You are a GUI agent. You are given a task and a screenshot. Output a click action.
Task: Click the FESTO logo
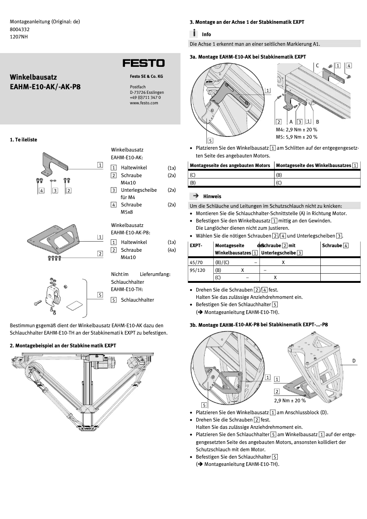[x=143, y=63]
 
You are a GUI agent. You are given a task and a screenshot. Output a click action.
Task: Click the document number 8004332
[x=20, y=29]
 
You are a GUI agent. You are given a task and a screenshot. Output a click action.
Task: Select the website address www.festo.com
[x=144, y=103]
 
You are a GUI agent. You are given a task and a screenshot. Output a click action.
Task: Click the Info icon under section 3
[x=194, y=34]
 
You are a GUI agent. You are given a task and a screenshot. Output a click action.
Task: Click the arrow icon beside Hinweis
[x=195, y=196]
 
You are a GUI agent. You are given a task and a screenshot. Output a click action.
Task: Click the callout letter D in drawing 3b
[x=354, y=361]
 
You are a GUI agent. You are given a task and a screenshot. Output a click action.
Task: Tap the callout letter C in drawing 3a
[x=317, y=65]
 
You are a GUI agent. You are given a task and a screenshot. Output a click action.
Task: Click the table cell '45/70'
[x=197, y=263]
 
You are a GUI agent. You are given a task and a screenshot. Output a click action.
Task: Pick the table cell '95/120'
[x=198, y=270]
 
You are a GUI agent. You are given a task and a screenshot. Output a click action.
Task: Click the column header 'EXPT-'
[x=196, y=246]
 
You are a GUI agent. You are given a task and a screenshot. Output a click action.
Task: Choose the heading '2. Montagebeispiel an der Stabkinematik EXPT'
[x=63, y=346]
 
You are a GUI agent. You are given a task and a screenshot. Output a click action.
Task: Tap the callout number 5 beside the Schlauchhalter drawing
[x=100, y=295]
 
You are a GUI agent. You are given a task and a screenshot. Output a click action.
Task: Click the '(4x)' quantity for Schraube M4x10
[x=172, y=250]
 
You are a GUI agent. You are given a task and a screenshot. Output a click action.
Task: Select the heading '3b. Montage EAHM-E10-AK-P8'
[x=259, y=324]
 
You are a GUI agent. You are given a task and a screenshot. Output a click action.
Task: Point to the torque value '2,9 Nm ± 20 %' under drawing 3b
[x=290, y=400]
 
